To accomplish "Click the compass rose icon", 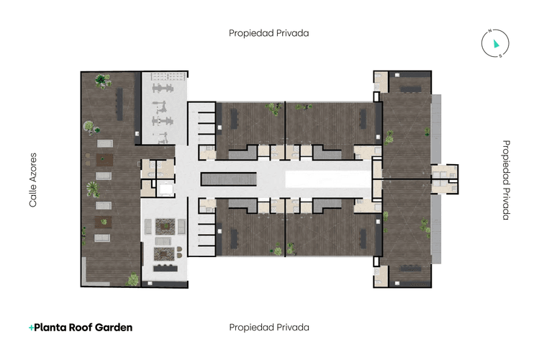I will click(494, 44).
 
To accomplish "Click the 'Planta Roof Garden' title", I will click(83, 327).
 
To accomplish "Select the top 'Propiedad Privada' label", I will click(269, 33).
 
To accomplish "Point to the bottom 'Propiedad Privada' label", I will click(269, 327).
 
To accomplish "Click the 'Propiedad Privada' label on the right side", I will click(506, 180).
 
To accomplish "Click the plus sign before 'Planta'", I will click(31, 327).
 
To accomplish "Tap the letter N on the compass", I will click(489, 32).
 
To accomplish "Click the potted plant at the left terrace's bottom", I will click(133, 279).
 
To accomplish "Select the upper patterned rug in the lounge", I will click(164, 226).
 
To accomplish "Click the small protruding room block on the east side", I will click(445, 179).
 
